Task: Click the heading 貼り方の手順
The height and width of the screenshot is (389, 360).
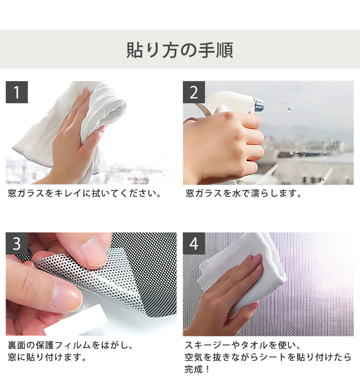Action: pos(180,50)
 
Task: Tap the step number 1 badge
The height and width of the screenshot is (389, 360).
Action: pos(17,92)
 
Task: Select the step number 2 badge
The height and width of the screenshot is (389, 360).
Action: pos(194,92)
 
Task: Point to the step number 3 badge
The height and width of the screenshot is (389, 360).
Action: pos(17,243)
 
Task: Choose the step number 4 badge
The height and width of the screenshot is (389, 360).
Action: pos(194,243)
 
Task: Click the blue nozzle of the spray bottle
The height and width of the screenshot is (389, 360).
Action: pos(259,105)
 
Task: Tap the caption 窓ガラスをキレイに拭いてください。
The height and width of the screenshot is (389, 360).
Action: pos(84,193)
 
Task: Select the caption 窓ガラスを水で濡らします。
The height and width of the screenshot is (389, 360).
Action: pos(243,193)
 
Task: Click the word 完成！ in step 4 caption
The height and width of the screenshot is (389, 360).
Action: pos(197,369)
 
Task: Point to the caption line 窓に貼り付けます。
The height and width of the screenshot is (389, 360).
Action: pos(47,357)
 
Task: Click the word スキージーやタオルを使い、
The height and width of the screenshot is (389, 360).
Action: pos(243,345)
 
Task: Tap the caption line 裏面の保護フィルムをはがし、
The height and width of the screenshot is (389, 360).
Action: pos(71,345)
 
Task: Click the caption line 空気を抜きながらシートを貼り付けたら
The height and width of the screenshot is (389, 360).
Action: pos(268,357)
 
